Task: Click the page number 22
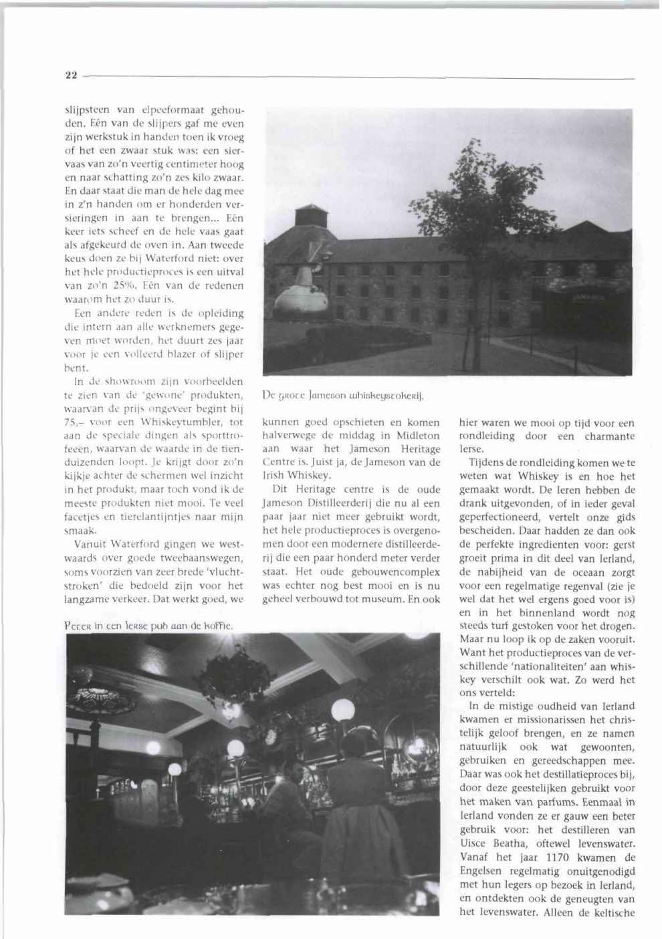click(x=70, y=76)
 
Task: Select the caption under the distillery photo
click(x=345, y=394)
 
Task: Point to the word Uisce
click(x=475, y=843)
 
